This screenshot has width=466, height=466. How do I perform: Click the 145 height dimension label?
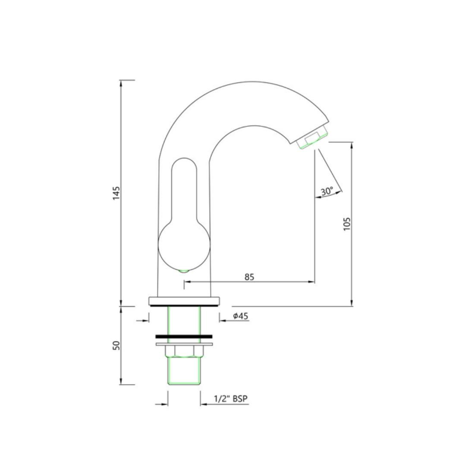click(116, 193)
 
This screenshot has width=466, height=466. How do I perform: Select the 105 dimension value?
click(347, 224)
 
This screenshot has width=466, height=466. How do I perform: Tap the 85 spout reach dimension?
click(249, 277)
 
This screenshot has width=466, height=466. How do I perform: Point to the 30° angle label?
click(327, 191)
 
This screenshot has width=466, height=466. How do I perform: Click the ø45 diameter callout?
click(240, 316)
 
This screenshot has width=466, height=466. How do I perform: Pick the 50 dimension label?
click(116, 345)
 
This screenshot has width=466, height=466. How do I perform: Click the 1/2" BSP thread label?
click(230, 399)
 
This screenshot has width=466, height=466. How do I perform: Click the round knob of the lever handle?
click(184, 246)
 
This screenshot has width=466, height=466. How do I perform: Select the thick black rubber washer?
click(184, 337)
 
